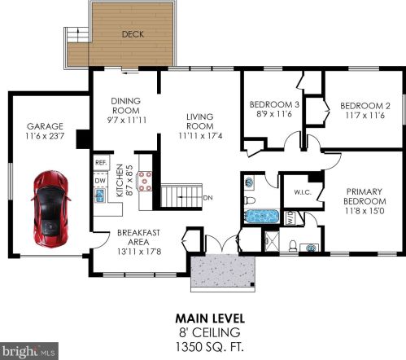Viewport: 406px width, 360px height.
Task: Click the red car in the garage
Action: click(x=50, y=209)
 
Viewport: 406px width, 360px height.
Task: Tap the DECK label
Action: click(x=133, y=34)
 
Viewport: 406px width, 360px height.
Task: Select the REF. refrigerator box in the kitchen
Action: click(x=101, y=163)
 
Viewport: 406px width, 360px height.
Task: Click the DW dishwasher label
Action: click(x=100, y=181)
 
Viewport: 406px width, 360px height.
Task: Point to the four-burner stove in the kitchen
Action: click(x=145, y=181)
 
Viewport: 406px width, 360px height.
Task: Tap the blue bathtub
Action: click(x=261, y=217)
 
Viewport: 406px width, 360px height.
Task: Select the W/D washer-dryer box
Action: click(x=290, y=218)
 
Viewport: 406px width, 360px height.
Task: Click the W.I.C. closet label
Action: click(x=303, y=192)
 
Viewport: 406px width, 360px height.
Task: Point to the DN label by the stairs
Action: click(x=207, y=198)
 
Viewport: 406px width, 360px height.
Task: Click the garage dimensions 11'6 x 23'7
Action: click(x=45, y=136)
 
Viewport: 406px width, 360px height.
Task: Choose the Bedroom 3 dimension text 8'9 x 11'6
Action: click(x=274, y=114)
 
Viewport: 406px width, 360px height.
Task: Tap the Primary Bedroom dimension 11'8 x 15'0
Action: click(x=365, y=211)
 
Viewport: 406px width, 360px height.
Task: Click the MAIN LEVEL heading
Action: click(x=210, y=318)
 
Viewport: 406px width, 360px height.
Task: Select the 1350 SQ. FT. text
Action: click(x=210, y=347)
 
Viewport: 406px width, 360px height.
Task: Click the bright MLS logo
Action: click(x=29, y=351)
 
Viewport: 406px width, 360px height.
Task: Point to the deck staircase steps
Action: click(x=77, y=34)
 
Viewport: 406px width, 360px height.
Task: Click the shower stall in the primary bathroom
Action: click(x=272, y=241)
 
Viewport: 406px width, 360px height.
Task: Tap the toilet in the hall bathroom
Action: click(x=250, y=200)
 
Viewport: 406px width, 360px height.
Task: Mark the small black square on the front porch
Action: click(x=252, y=284)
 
